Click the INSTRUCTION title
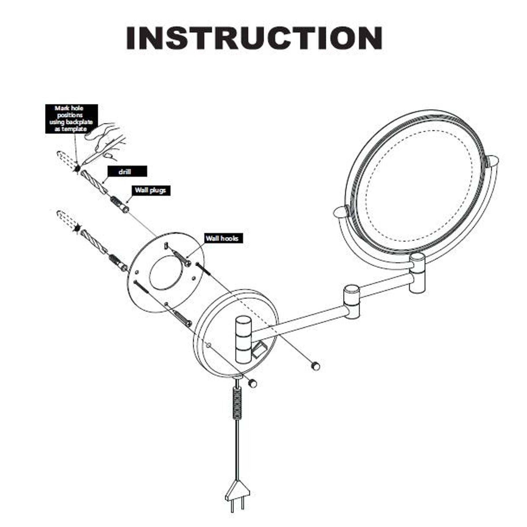pos(255,38)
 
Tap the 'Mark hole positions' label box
pos(71,119)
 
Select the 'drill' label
pos(127,172)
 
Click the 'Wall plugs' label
pos(151,191)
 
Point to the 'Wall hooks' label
pos(224,238)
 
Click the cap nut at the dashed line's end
pos(315,366)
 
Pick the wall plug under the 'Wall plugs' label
pos(119,204)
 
